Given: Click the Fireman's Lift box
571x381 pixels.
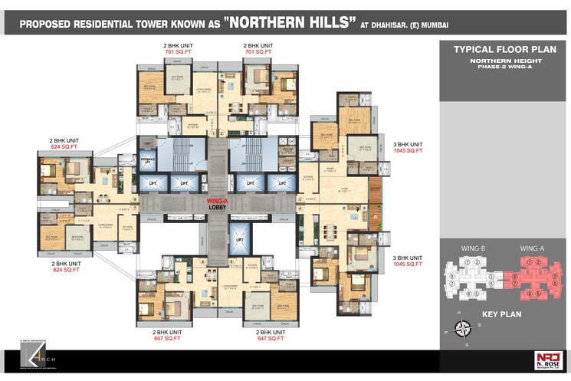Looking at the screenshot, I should pos(149,160).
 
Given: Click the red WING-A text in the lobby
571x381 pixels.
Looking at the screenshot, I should pos(219,201).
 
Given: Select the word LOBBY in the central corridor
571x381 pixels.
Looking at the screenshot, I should pos(219,207).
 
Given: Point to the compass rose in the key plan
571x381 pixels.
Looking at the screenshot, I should pos(464,328).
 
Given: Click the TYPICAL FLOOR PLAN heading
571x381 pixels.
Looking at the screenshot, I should pos(504,49).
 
